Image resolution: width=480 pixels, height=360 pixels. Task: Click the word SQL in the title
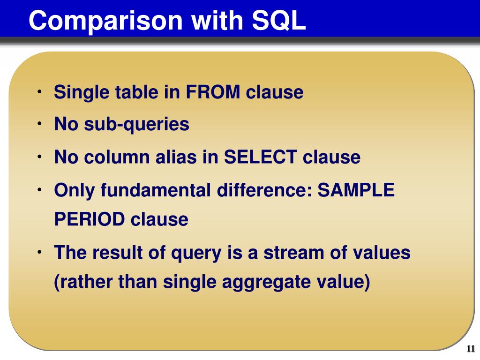(x=278, y=21)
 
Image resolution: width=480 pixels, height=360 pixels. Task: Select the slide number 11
(x=471, y=348)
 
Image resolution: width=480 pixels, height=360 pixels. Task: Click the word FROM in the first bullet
(x=213, y=92)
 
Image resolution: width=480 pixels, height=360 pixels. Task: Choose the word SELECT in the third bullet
(x=261, y=157)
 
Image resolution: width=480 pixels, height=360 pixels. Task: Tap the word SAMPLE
(x=356, y=190)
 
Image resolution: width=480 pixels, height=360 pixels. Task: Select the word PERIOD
(x=89, y=219)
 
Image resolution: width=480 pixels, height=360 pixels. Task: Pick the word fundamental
(x=156, y=190)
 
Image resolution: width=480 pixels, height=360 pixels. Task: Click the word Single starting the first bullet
(x=82, y=92)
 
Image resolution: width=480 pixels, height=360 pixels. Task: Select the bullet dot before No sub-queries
(x=39, y=124)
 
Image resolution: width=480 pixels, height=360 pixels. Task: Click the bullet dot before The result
(x=39, y=252)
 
